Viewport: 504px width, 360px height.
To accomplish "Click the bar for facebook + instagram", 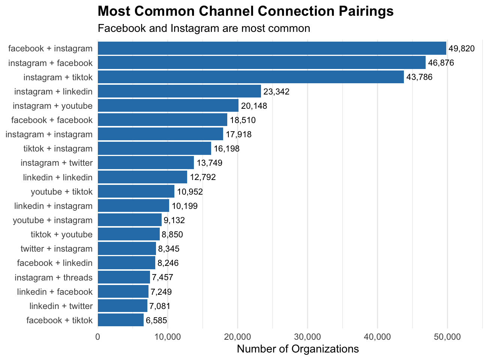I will click(x=272, y=48).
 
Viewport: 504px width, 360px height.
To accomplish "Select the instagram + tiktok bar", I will click(x=251, y=77).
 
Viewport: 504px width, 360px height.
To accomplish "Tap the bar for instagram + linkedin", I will click(x=179, y=91).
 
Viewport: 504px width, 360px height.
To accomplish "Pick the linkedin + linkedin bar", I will click(x=142, y=177).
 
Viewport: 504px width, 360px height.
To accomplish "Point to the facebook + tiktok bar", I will click(x=121, y=320).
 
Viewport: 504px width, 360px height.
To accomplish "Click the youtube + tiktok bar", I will click(x=136, y=192).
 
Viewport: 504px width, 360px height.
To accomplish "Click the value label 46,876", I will click(x=441, y=63).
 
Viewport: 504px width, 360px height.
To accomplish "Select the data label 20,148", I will click(x=254, y=106).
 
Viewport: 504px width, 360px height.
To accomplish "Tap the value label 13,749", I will click(x=210, y=163).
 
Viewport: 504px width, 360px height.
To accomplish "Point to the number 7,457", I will click(x=162, y=277).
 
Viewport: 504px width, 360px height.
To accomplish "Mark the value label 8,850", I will click(x=172, y=235).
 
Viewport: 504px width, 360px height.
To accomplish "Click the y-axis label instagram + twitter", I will click(x=57, y=163).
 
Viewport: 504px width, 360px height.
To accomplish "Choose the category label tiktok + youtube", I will click(x=61, y=234).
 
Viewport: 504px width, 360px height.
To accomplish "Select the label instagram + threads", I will click(x=54, y=277).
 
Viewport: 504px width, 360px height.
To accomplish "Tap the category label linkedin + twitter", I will click(x=61, y=306).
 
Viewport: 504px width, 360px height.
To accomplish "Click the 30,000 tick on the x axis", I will click(x=307, y=337).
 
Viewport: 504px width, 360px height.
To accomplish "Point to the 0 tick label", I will click(x=98, y=337).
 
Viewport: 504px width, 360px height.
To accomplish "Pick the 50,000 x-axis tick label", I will click(x=447, y=337).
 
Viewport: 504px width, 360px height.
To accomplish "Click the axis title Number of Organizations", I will click(x=298, y=349).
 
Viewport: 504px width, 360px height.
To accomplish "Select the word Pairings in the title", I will click(x=363, y=11).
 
